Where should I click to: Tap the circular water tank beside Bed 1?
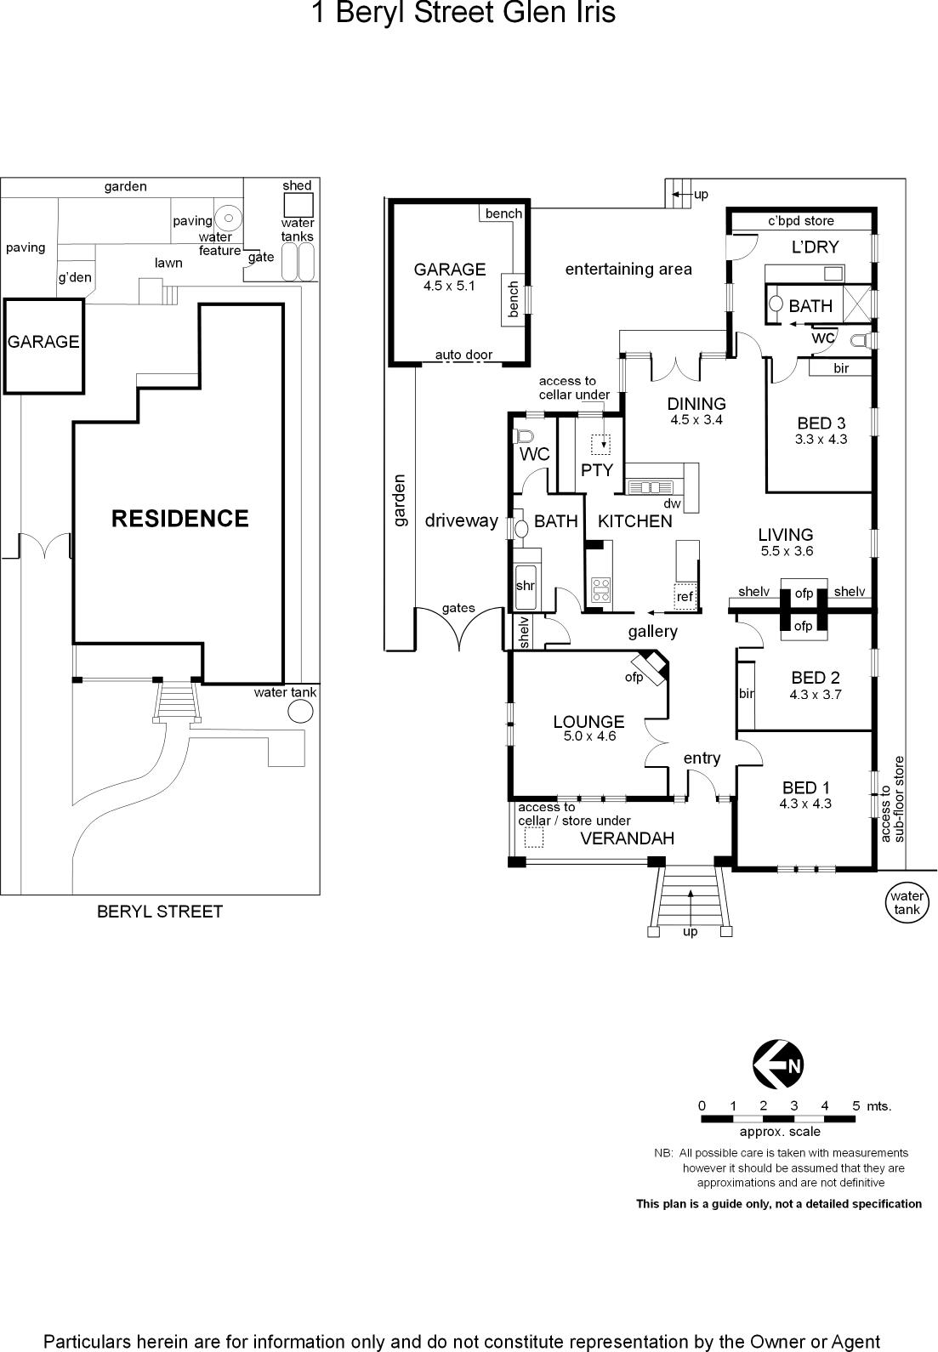click(x=907, y=903)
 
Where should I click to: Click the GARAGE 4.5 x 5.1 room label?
click(x=450, y=276)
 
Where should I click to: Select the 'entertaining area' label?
click(x=628, y=270)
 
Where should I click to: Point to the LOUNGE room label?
click(x=588, y=721)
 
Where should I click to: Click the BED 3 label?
click(x=821, y=423)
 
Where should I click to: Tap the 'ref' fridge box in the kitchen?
click(x=685, y=596)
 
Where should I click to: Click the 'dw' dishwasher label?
click(x=672, y=503)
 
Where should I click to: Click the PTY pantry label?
click(x=596, y=469)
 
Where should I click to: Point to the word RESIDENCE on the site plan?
click(x=180, y=519)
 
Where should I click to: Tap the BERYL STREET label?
click(x=160, y=911)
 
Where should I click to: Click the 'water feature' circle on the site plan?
click(x=229, y=218)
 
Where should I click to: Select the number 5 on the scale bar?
click(x=856, y=1105)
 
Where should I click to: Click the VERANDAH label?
click(x=627, y=838)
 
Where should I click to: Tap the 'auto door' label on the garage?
click(x=463, y=355)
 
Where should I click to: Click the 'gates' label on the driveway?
click(x=458, y=608)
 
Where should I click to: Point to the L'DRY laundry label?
click(x=815, y=247)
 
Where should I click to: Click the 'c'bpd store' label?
click(x=801, y=221)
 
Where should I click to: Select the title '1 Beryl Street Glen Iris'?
click(x=463, y=12)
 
